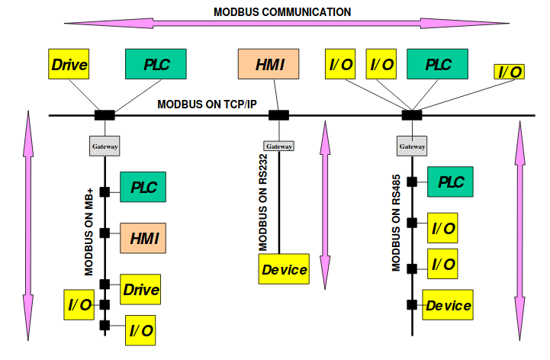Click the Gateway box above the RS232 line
(x=278, y=146)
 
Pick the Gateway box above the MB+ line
(x=105, y=146)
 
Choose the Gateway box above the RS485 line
(x=412, y=146)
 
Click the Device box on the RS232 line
(x=285, y=269)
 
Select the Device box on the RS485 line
(x=448, y=305)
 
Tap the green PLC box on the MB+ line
(x=143, y=187)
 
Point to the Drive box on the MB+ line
(x=141, y=289)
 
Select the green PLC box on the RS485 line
(x=451, y=182)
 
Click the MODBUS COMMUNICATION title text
(x=282, y=11)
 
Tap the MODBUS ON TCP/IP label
(x=207, y=104)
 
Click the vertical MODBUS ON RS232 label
(x=262, y=202)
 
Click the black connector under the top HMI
(x=278, y=115)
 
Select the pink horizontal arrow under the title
(x=281, y=24)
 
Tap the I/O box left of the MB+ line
(x=79, y=305)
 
